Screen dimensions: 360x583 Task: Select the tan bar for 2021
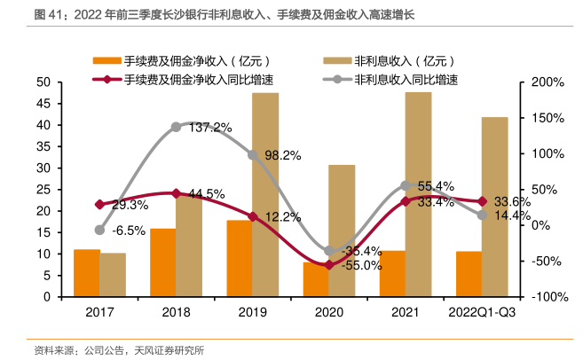tap(419, 194)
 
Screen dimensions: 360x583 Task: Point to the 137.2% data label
tap(210, 127)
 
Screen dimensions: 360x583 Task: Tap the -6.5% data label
tap(130, 231)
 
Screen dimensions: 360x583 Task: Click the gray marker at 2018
tap(176, 127)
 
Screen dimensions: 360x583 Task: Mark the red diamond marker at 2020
tap(329, 264)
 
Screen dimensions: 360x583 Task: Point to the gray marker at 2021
tap(406, 185)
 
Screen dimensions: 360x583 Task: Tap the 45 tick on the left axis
tap(42, 104)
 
